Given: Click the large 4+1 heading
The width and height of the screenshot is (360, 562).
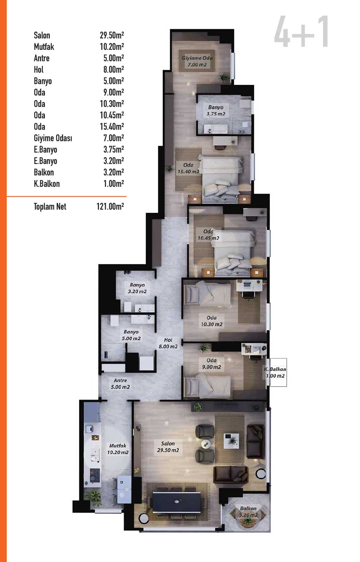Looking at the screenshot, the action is [301, 31].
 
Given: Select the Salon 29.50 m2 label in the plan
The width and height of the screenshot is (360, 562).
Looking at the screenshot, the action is [168, 447].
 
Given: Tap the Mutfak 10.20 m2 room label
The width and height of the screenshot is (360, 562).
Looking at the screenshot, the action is [118, 449].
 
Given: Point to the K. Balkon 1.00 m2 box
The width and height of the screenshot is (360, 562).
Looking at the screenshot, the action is [275, 373].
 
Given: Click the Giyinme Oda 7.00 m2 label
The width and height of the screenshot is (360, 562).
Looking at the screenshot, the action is [197, 61].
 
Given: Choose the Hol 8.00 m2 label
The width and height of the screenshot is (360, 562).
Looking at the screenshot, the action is [168, 343].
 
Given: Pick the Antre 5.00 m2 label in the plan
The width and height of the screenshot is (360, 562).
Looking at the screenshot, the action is [120, 384].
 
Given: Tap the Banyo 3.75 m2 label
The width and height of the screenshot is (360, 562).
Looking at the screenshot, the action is [216, 110].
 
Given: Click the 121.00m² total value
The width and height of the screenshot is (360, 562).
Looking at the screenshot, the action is [110, 207].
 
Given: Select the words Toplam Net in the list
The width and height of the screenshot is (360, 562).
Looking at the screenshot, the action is [50, 207].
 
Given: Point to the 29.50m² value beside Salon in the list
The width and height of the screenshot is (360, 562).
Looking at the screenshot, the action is [112, 35].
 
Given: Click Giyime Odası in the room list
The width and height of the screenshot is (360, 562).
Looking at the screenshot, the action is [53, 138].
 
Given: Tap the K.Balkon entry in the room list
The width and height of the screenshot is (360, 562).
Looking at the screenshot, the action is [47, 184].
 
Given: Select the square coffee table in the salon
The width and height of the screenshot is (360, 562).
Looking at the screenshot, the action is [231, 441].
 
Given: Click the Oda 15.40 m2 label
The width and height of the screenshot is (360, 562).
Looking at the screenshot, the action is [188, 168].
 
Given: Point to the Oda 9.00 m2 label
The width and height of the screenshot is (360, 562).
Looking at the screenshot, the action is [212, 363].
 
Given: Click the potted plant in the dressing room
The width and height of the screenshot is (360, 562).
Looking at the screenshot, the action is [223, 77].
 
